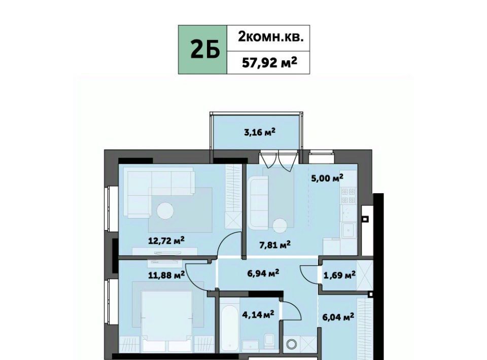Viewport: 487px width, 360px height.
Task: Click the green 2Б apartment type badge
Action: click(x=202, y=50)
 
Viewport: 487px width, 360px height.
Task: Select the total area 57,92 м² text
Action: click(x=269, y=62)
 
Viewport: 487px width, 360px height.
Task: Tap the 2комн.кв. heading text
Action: click(x=269, y=37)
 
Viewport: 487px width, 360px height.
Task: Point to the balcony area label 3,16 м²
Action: click(x=260, y=132)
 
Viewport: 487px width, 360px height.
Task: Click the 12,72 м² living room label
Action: click(x=166, y=240)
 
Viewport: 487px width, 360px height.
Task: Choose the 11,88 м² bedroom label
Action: click(x=166, y=274)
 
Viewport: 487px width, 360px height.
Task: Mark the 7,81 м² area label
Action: click(x=275, y=245)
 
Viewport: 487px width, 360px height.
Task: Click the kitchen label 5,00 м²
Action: click(x=327, y=178)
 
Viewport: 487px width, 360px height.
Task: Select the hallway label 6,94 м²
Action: click(x=263, y=273)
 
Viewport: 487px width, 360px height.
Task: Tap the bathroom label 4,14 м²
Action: click(x=258, y=315)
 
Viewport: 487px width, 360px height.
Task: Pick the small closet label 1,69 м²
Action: click(x=339, y=275)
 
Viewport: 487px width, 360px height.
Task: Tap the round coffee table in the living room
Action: click(x=165, y=211)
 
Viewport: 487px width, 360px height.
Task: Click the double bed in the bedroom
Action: click(x=167, y=320)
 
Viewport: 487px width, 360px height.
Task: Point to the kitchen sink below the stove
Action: click(x=349, y=230)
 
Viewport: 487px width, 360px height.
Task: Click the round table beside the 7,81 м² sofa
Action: click(x=280, y=226)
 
